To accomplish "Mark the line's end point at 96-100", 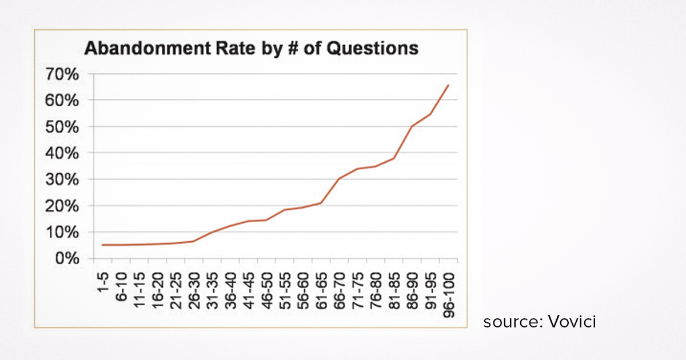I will (x=448, y=85).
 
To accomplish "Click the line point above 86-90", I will (x=412, y=126).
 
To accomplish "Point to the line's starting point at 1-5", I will (x=103, y=245).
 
